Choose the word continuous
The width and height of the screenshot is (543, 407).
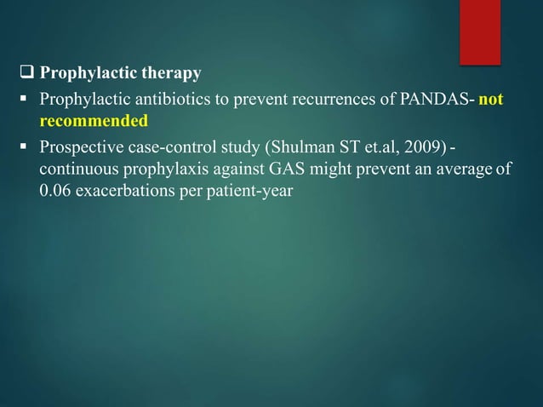point(75,169)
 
